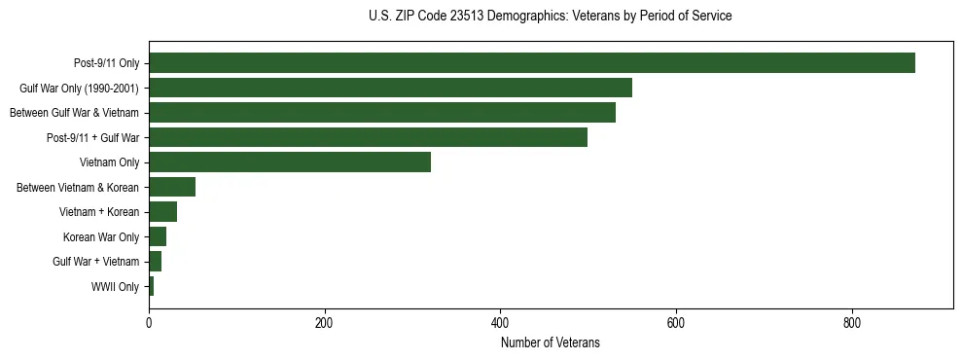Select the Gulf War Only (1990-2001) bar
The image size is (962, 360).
pos(390,88)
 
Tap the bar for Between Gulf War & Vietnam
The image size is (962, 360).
pos(382,113)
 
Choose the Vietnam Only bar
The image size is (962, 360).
pos(290,162)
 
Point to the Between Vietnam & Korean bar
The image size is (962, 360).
pos(172,187)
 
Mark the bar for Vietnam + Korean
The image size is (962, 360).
pos(162,212)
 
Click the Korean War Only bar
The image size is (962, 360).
pos(158,236)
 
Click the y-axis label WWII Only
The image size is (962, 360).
pos(115,287)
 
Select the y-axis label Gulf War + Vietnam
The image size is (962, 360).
pos(96,262)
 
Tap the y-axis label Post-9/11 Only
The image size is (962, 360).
pos(106,63)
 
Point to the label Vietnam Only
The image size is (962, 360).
pos(109,162)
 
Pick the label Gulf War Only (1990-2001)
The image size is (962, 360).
pos(79,88)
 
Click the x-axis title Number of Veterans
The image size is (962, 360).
pos(551,342)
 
